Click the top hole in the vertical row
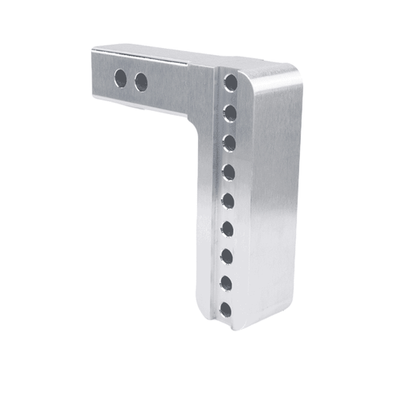click(x=231, y=82)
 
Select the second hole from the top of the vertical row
click(x=230, y=113)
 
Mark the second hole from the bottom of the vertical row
click(x=227, y=282)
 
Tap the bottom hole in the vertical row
click(x=226, y=309)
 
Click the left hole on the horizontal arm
click(x=120, y=78)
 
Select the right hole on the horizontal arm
click(x=141, y=81)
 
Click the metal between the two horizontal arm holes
click(x=131, y=80)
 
